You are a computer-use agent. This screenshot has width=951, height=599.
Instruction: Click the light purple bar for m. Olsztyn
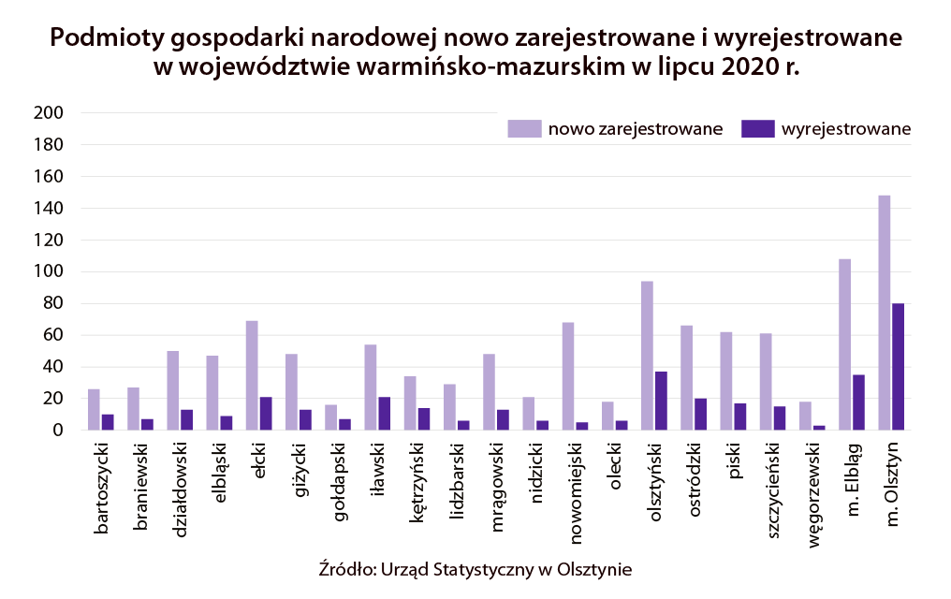point(885,313)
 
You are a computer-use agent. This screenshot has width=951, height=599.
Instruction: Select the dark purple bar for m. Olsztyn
point(899,367)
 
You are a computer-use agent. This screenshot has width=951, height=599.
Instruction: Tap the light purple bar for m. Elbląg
point(845,344)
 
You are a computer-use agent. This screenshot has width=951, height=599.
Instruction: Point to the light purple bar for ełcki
point(252,375)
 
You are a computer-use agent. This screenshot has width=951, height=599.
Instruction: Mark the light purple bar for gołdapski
point(330,417)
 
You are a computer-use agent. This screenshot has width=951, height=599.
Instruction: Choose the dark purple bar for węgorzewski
point(819,428)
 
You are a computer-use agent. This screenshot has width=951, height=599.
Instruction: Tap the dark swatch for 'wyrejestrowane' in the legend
point(754,129)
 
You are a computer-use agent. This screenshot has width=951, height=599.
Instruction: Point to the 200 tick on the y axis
point(48,113)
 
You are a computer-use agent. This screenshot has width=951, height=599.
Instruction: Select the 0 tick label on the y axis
point(57,431)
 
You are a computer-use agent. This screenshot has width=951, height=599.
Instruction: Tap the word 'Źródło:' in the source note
point(347,568)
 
